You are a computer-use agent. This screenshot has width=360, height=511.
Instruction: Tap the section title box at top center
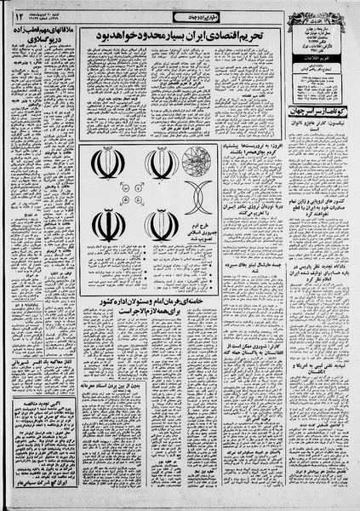[x=186, y=17]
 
